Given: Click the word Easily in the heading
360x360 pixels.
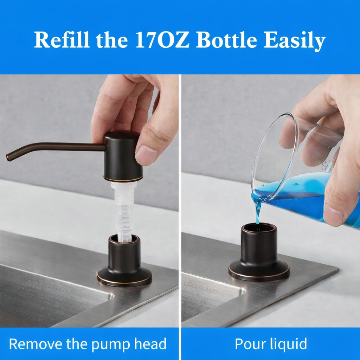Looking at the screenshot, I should point(294,41).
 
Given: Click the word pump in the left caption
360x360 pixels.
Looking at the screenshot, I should point(109,344).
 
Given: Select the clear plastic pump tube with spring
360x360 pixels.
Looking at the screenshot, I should point(123,211).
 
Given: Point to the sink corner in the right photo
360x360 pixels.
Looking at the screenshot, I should point(243,290).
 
